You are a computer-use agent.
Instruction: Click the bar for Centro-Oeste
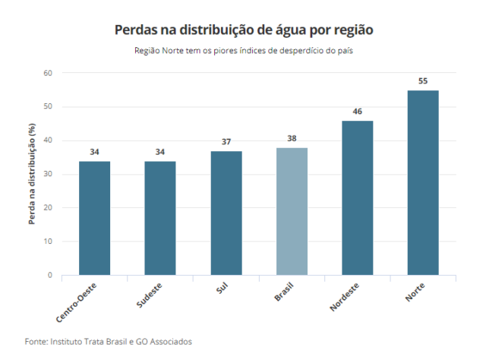[94, 218]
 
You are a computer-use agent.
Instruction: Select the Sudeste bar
[160, 218]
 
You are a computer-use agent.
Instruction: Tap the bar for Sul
[226, 213]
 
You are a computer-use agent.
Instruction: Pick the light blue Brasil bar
[292, 211]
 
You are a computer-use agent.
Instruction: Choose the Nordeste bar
[358, 197]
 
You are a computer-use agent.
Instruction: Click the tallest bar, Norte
[423, 182]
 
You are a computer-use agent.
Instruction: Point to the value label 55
[423, 81]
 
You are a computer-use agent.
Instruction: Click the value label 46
[358, 112]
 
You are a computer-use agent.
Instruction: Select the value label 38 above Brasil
[292, 138]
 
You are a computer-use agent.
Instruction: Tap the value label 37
[226, 142]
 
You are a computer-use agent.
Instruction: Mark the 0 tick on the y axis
[49, 275]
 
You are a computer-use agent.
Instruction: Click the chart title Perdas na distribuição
[244, 30]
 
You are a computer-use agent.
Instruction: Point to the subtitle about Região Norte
[244, 51]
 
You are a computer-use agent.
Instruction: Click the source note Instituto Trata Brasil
[109, 341]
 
